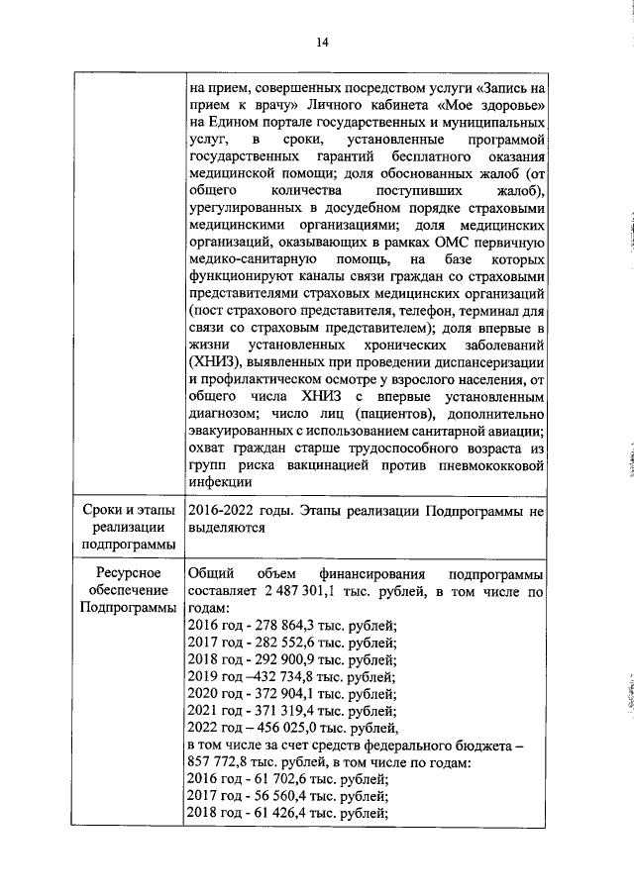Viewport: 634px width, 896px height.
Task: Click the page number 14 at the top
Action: point(322,42)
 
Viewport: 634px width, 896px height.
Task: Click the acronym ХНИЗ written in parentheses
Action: point(212,365)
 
